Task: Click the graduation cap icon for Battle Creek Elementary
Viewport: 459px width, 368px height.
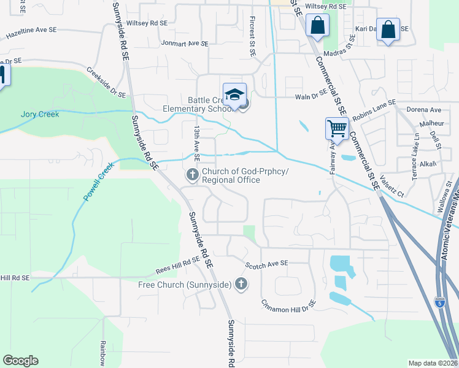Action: tap(234, 94)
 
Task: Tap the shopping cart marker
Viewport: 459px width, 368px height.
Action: tap(337, 128)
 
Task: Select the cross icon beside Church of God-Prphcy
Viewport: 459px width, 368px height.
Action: tap(192, 176)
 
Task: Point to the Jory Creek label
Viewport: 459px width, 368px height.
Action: tap(40, 114)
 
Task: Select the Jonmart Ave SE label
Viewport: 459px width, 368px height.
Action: tap(185, 44)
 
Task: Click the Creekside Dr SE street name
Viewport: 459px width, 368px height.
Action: tap(106, 83)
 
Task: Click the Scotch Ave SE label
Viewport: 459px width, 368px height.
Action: tap(266, 264)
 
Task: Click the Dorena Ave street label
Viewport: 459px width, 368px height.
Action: tap(424, 110)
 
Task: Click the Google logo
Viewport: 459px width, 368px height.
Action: tap(20, 361)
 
